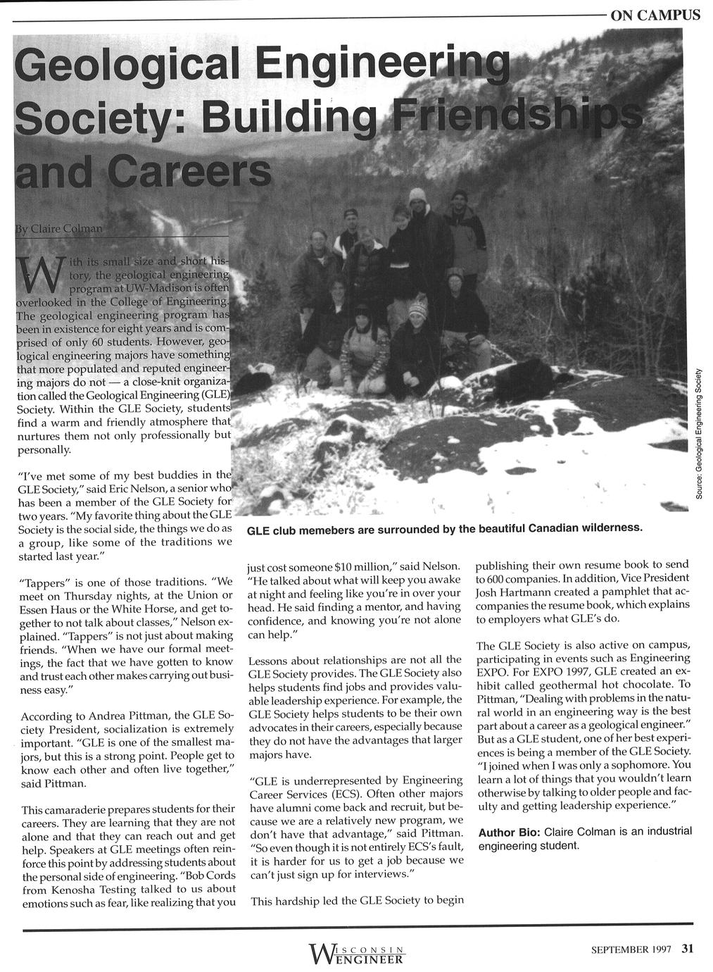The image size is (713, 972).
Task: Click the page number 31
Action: [x=688, y=948]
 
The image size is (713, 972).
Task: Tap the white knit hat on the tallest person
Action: [x=418, y=195]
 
